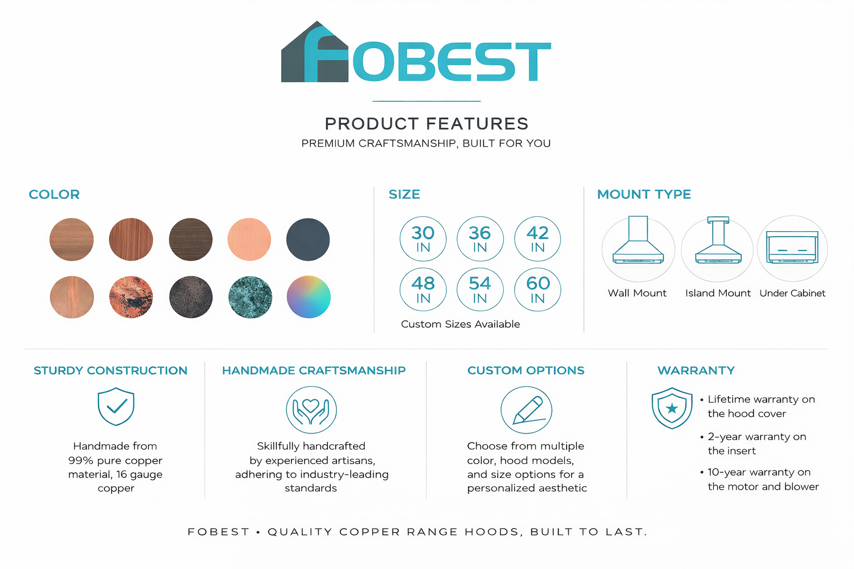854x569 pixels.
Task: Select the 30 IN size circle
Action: pyautogui.click(x=423, y=239)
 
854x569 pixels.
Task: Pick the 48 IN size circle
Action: pyautogui.click(x=423, y=290)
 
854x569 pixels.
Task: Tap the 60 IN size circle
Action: pyautogui.click(x=538, y=290)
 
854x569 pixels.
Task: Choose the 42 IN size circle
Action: pyautogui.click(x=538, y=239)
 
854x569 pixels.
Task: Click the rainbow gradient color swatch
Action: pyautogui.click(x=309, y=297)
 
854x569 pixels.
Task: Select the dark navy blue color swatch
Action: pyautogui.click(x=308, y=239)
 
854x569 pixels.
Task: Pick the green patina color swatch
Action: pyautogui.click(x=250, y=297)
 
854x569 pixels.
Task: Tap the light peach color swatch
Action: pyautogui.click(x=249, y=239)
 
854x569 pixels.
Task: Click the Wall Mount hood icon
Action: pyautogui.click(x=638, y=248)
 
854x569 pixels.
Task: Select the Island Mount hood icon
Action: pyautogui.click(x=718, y=248)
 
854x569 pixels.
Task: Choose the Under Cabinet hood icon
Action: pyautogui.click(x=792, y=248)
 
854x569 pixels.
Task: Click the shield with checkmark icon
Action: pyautogui.click(x=116, y=407)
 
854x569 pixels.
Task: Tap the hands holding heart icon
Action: pyautogui.click(x=311, y=410)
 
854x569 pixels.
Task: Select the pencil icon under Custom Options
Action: pyautogui.click(x=527, y=410)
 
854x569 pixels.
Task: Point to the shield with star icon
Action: pyautogui.click(x=672, y=408)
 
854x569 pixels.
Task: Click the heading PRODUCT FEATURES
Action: pyautogui.click(x=426, y=123)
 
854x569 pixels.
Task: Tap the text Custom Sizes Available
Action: pyautogui.click(x=460, y=324)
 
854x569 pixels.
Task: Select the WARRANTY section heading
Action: pyautogui.click(x=696, y=371)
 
